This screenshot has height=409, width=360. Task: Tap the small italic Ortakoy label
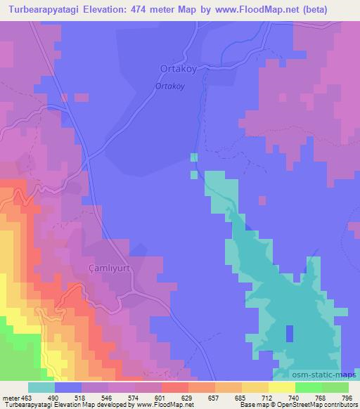169,86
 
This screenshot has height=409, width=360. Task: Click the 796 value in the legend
347,398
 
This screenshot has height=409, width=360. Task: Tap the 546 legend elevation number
108,398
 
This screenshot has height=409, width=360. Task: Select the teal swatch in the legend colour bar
41,387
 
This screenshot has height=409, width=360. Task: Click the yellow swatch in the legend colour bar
281,387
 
